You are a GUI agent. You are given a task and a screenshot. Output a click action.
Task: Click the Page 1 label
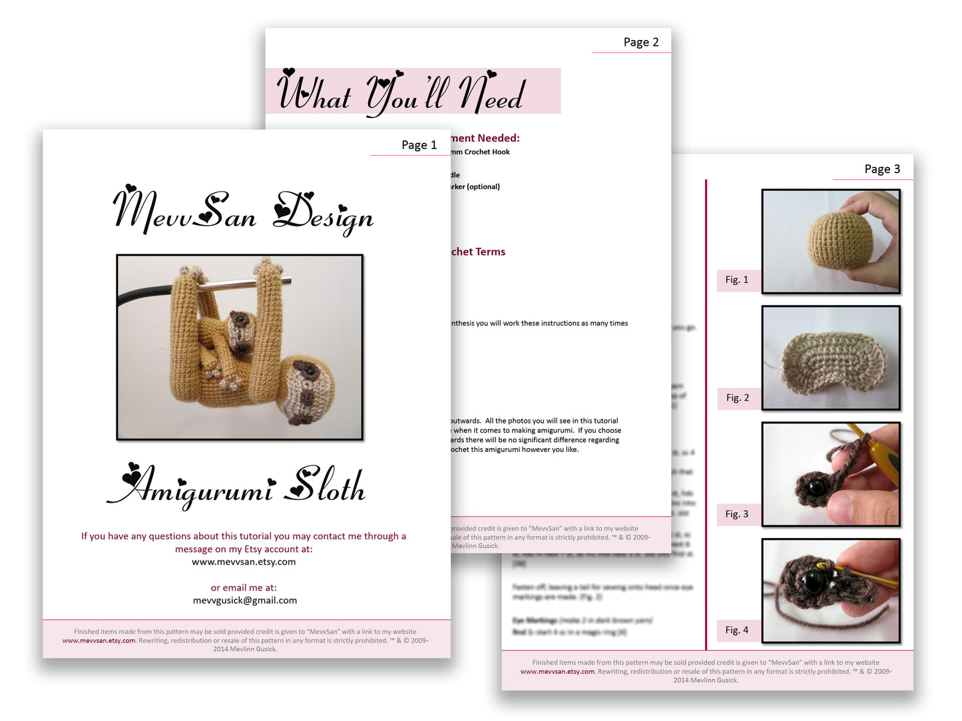(419, 145)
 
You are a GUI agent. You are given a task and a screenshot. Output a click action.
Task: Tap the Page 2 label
(640, 43)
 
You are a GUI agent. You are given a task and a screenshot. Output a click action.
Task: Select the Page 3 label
(881, 169)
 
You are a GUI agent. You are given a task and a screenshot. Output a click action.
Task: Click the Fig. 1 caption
(736, 280)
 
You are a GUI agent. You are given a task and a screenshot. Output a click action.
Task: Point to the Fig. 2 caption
(737, 397)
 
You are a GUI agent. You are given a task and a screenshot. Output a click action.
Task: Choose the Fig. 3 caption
(736, 514)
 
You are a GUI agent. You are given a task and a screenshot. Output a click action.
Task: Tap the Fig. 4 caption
(736, 630)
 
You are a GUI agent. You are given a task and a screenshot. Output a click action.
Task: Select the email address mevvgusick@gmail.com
(244, 601)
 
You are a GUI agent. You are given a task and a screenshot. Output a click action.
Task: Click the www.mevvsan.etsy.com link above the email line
(244, 562)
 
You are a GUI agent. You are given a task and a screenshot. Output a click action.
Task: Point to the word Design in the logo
(324, 213)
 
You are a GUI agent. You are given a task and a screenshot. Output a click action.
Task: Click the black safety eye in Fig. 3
(815, 487)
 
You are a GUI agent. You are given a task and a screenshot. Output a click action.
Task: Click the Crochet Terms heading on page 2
(478, 252)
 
